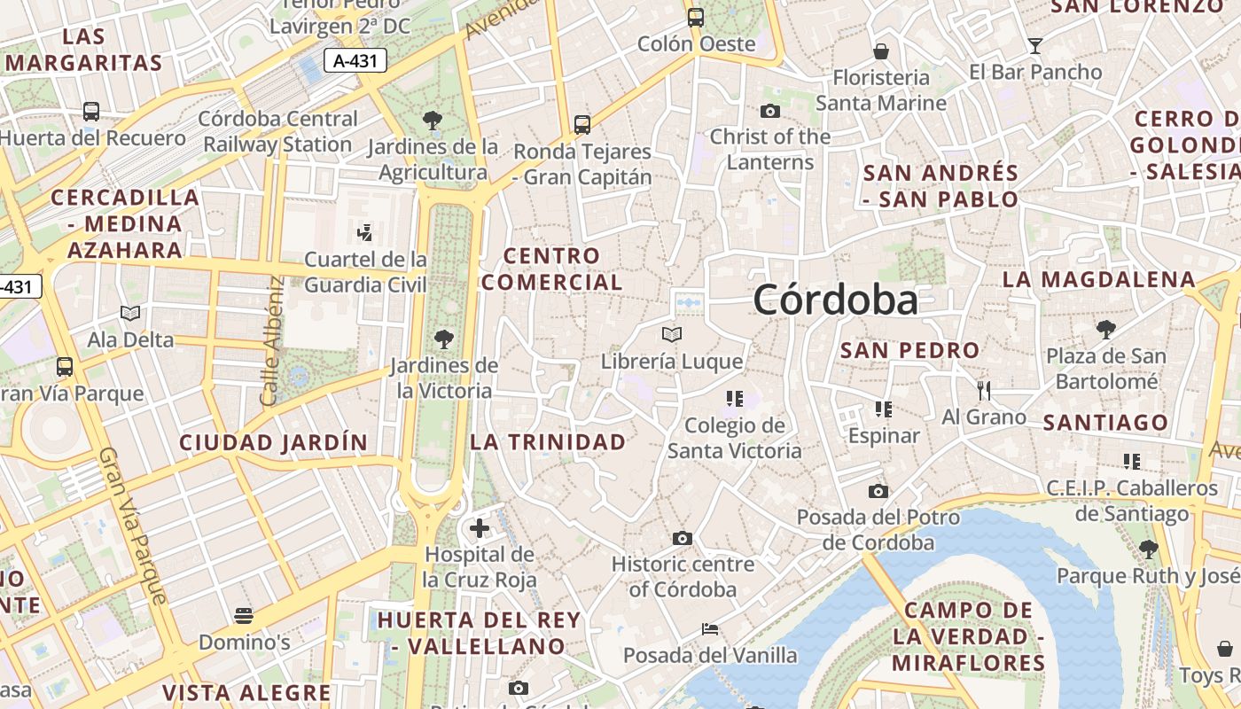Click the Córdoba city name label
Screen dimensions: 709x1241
pyautogui.click(x=835, y=300)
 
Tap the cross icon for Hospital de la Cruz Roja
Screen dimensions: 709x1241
pyautogui.click(x=480, y=528)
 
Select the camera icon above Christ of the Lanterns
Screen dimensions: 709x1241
pyautogui.click(x=769, y=111)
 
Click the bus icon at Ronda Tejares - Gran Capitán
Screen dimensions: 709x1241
pyautogui.click(x=582, y=125)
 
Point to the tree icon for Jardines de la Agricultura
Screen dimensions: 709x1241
pyautogui.click(x=433, y=120)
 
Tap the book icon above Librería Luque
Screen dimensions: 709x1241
pyautogui.click(x=672, y=334)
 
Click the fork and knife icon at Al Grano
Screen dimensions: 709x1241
pyautogui.click(x=983, y=390)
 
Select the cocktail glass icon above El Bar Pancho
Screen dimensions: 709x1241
pyautogui.click(x=1034, y=46)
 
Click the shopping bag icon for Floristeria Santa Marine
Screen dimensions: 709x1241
pyautogui.click(x=881, y=51)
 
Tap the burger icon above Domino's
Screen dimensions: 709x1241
pyautogui.click(x=244, y=615)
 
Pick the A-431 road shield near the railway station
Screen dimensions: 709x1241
pyautogui.click(x=353, y=61)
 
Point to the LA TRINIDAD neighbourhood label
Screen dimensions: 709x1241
pyautogui.click(x=547, y=441)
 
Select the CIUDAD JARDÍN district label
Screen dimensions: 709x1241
pyautogui.click(x=273, y=442)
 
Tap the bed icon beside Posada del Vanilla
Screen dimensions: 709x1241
pyautogui.click(x=709, y=629)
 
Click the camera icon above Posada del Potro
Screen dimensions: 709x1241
pyautogui.click(x=878, y=491)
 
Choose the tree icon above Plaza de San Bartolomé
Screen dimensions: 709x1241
pyautogui.click(x=1105, y=330)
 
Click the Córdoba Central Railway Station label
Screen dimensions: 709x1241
pyautogui.click(x=277, y=131)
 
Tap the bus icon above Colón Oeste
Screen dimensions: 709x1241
pyautogui.click(x=696, y=17)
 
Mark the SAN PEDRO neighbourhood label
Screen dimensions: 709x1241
pyautogui.click(x=909, y=350)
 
